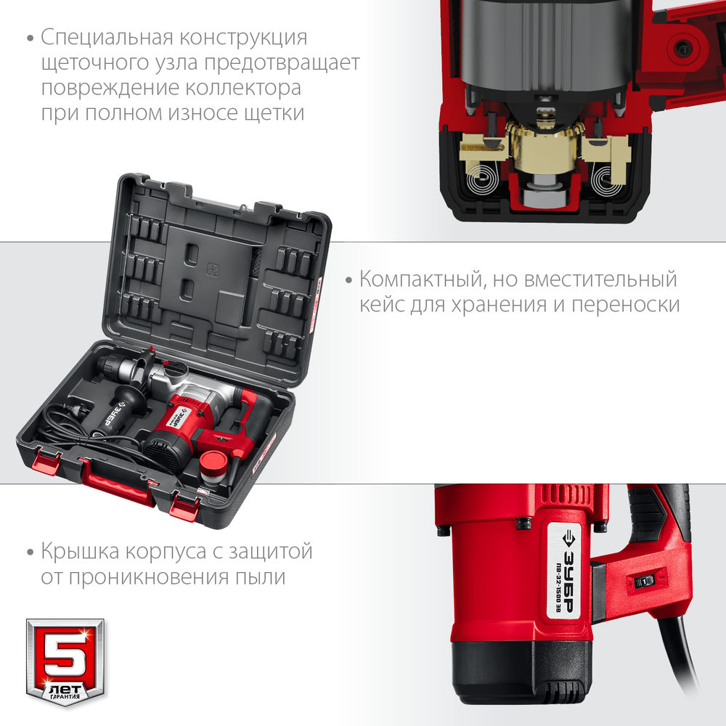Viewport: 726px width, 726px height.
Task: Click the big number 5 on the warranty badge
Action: tap(65, 649)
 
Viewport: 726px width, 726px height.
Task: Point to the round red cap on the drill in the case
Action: tap(213, 460)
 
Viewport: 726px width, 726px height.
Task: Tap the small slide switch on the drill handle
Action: tap(643, 582)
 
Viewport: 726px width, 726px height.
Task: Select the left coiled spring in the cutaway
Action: tap(481, 177)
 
